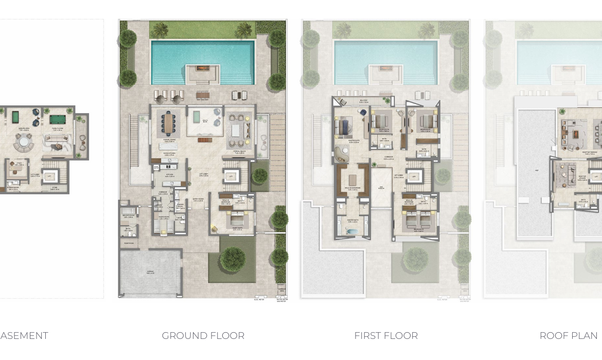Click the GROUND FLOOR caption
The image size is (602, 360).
[x=203, y=336]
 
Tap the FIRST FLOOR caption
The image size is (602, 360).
[x=385, y=336]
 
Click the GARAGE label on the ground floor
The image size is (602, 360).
[x=150, y=273]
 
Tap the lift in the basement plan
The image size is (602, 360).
[x=49, y=176]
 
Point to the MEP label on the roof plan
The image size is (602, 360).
[x=536, y=170]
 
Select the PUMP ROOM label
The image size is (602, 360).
[x=129, y=243]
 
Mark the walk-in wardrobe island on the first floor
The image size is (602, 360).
[x=352, y=179]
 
